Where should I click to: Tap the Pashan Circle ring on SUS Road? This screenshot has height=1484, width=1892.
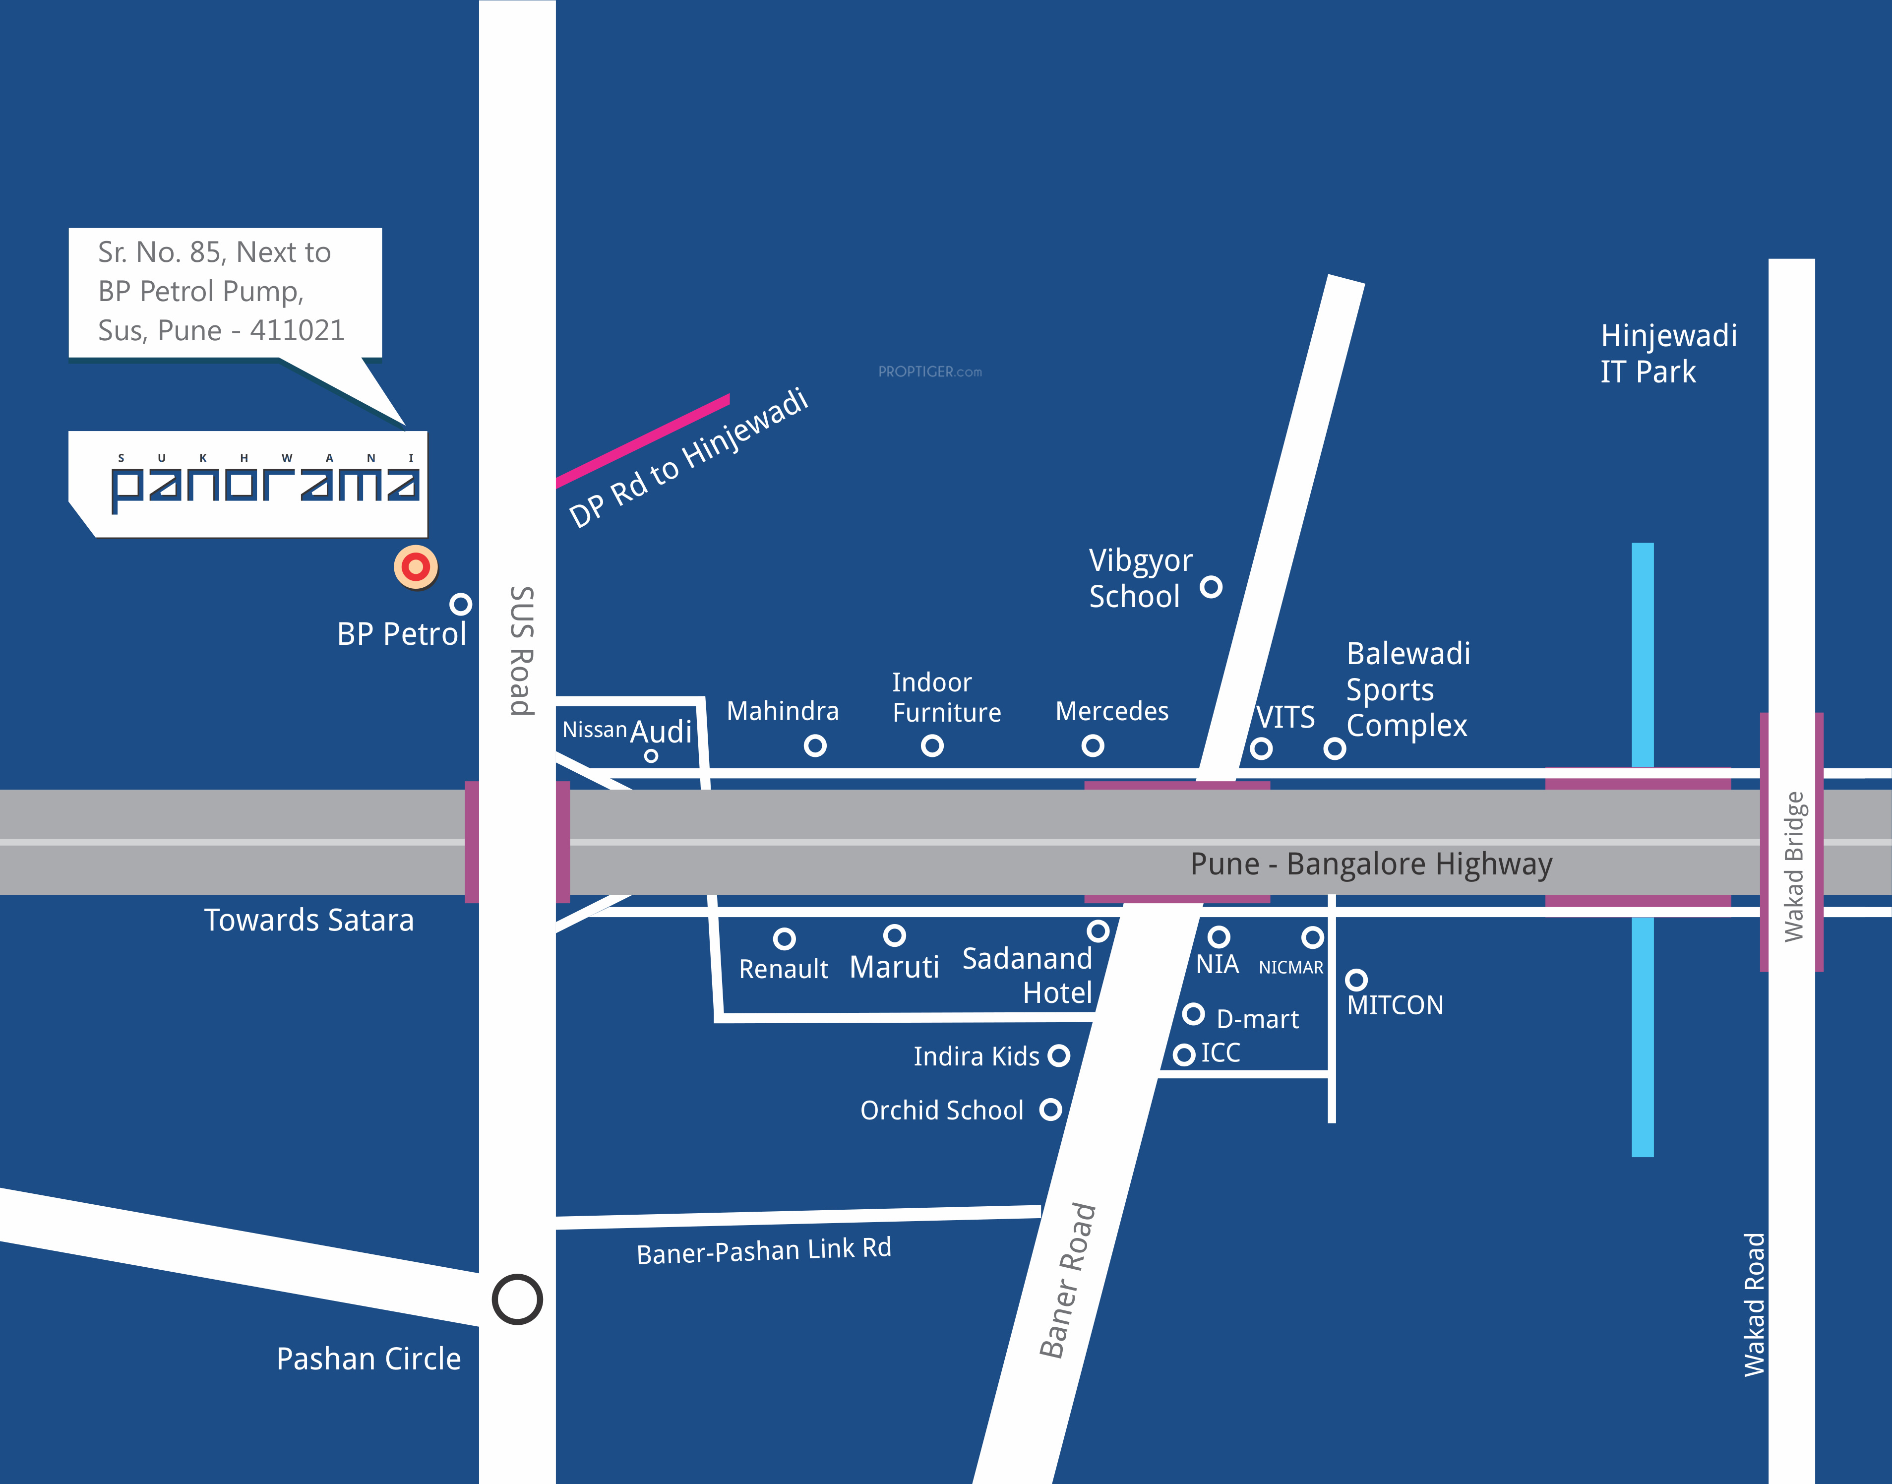pyautogui.click(x=517, y=1299)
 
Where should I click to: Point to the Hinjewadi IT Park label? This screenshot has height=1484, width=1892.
pyautogui.click(x=1668, y=353)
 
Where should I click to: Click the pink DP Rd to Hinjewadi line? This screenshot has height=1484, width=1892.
pyautogui.click(x=643, y=440)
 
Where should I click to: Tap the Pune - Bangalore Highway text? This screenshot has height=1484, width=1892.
pyautogui.click(x=1371, y=864)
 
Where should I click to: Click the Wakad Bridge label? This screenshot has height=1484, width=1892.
pyautogui.click(x=1793, y=866)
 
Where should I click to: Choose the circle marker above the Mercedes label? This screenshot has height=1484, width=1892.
pyautogui.click(x=1093, y=745)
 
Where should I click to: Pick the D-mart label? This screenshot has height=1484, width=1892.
pyautogui.click(x=1257, y=1019)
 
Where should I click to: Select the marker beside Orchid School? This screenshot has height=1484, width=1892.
pyautogui.click(x=1050, y=1110)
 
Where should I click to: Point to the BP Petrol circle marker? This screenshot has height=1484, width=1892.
pyautogui.click(x=460, y=604)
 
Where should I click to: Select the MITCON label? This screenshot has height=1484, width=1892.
pyautogui.click(x=1394, y=1005)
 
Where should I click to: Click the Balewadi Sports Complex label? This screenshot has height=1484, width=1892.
pyautogui.click(x=1407, y=689)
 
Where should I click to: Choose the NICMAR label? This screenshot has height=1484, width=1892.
pyautogui.click(x=1291, y=967)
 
